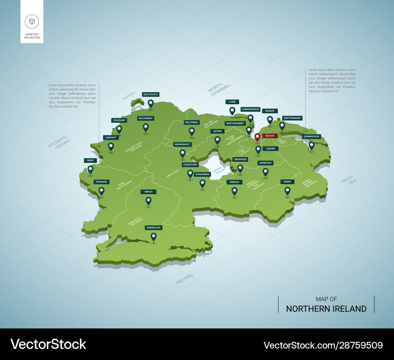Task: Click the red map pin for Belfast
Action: point(257,137)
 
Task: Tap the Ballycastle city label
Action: point(151,95)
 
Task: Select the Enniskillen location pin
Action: point(153,237)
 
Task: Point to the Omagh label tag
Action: point(148,192)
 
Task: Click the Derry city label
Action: point(90,160)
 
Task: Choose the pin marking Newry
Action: point(287,191)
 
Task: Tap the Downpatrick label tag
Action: point(312,136)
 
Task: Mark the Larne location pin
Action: point(232,111)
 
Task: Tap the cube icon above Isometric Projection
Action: point(32,21)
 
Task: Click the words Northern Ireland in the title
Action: point(326,309)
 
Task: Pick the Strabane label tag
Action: point(101,182)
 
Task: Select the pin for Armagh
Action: point(234,191)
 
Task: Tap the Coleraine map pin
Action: point(119,129)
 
